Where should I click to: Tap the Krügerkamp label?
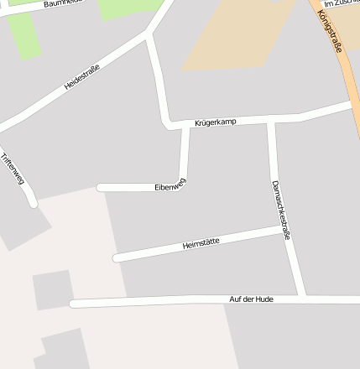215,122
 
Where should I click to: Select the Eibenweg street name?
170,184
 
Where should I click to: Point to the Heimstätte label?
201,243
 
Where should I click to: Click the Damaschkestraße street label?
280,210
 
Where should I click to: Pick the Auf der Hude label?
251,299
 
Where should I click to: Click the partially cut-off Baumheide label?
64,3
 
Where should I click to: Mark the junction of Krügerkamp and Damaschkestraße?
270,121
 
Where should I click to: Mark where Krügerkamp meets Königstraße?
352,105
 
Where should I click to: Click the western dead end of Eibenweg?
101,187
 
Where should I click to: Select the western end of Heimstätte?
117,257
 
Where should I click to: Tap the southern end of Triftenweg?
33,203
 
